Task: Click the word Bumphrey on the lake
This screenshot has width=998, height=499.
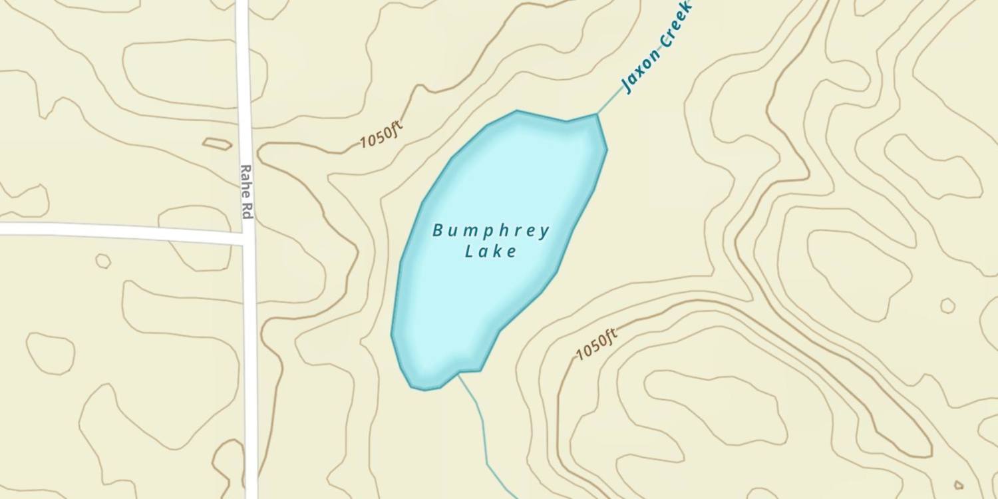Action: point(491,232)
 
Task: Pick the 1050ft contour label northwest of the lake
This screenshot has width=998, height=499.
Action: point(381,136)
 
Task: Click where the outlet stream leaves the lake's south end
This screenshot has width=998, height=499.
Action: point(458,375)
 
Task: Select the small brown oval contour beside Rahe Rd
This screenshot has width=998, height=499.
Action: point(217,143)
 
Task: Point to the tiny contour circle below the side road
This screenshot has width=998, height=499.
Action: point(103,261)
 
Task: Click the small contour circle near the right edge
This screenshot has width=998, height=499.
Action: point(947,305)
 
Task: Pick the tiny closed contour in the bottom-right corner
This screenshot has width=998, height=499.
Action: point(959,485)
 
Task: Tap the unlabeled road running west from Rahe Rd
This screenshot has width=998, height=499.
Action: point(120,231)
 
